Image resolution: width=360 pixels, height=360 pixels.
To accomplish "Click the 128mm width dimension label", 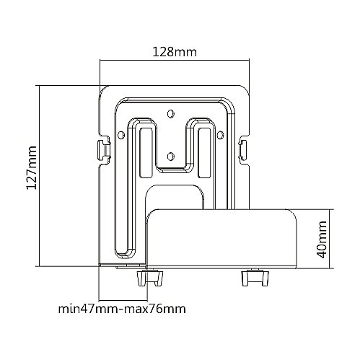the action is click(x=175, y=52).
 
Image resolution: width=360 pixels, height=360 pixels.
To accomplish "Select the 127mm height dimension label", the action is click(x=32, y=167).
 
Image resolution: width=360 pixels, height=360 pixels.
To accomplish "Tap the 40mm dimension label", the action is click(x=322, y=240).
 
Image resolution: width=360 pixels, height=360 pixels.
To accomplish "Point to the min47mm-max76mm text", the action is click(x=122, y=309).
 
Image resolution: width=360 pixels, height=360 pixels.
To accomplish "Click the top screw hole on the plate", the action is click(x=171, y=113).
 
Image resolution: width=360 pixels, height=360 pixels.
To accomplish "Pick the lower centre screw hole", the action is click(x=171, y=157).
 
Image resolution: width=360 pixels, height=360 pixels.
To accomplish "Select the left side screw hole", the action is click(x=121, y=135).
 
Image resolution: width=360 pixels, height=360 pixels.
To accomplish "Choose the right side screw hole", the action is click(x=220, y=135).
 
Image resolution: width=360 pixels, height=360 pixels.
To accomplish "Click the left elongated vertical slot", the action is click(x=146, y=153).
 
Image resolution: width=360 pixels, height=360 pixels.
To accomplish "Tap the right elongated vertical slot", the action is click(x=204, y=153).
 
